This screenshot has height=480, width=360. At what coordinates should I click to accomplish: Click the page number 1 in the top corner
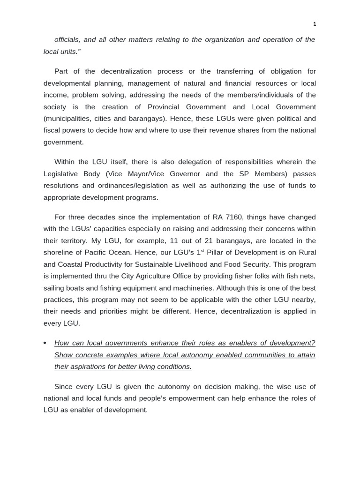tap(315, 24)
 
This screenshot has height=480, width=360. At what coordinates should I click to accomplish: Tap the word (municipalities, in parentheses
tap(67, 119)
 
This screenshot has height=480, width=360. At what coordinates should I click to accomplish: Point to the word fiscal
tap(52, 130)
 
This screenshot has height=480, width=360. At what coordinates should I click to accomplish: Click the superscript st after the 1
tap(202, 251)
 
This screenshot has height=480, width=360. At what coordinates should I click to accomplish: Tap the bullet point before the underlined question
tap(45, 343)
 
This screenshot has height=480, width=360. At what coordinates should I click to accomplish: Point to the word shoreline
tap(59, 253)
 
